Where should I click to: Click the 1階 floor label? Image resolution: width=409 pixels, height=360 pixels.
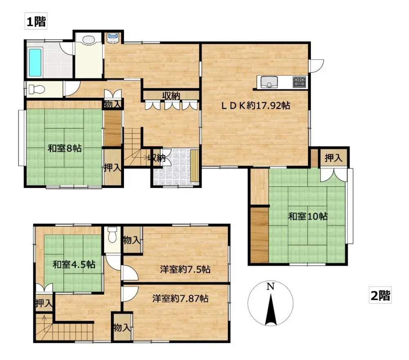pyautogui.click(x=36, y=21)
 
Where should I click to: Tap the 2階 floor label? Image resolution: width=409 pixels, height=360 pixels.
pyautogui.click(x=380, y=295)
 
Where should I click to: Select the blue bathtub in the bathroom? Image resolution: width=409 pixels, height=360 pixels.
pyautogui.click(x=35, y=63)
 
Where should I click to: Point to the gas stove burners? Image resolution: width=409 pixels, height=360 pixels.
pyautogui.click(x=299, y=82)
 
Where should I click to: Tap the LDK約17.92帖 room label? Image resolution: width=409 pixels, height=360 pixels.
pyautogui.click(x=256, y=105)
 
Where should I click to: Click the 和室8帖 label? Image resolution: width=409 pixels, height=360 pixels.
pyautogui.click(x=65, y=148)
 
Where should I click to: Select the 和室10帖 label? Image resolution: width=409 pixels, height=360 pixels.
pyautogui.click(x=308, y=216)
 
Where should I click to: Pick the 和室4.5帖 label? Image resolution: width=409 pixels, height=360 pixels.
pyautogui.click(x=74, y=265)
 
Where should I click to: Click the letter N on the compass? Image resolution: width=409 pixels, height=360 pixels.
pyautogui.click(x=270, y=286)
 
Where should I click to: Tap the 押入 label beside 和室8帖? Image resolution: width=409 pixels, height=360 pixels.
pyautogui.click(x=112, y=168)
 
